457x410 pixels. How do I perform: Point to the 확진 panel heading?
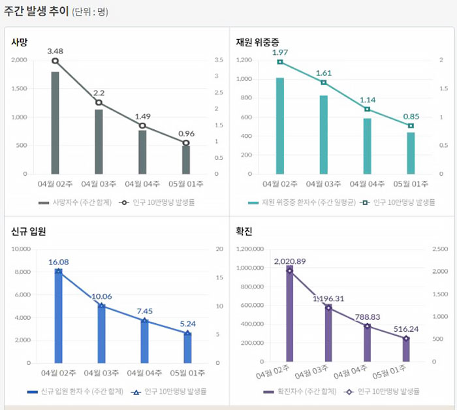[x=244, y=231]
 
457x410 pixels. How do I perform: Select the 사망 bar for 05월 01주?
[x=186, y=160]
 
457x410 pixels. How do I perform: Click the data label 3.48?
[x=55, y=51]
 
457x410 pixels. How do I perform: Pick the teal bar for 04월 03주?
[x=323, y=134]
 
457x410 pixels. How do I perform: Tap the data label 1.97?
[x=280, y=52]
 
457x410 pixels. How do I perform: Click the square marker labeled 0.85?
[x=411, y=125]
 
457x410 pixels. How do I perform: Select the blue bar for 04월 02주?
[x=58, y=316]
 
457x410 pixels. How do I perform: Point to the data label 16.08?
[x=58, y=262]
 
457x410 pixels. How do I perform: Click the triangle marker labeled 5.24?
[x=188, y=333]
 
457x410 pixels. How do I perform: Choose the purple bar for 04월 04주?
[x=368, y=343]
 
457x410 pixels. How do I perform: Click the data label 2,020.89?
[x=290, y=261]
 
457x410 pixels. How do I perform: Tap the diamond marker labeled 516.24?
[x=405, y=338]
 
